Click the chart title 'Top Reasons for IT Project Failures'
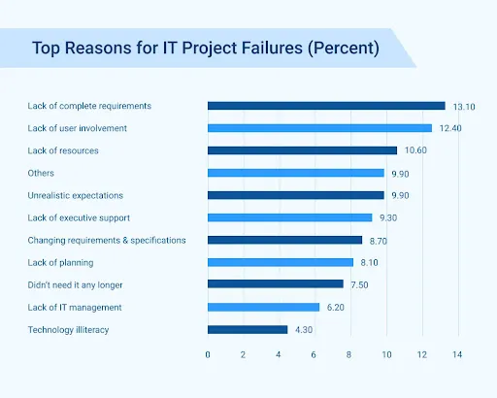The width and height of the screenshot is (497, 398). click(205, 48)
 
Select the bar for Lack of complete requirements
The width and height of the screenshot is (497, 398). click(326, 106)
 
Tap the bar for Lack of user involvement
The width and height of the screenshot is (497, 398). click(319, 128)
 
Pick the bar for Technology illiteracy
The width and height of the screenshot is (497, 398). click(248, 329)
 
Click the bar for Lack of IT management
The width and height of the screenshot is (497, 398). click(263, 307)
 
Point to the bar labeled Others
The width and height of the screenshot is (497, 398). click(296, 173)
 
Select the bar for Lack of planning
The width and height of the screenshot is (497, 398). click(281, 262)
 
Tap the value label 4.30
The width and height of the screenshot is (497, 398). click(304, 329)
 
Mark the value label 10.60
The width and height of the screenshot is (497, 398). click(416, 150)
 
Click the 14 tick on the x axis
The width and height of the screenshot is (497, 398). click(458, 354)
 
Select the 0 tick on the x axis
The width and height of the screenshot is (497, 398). click(208, 354)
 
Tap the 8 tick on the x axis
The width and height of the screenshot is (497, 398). click(350, 354)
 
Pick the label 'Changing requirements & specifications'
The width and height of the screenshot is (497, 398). click(107, 240)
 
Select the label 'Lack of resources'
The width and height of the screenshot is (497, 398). click(64, 150)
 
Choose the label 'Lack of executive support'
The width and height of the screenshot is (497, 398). click(80, 217)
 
